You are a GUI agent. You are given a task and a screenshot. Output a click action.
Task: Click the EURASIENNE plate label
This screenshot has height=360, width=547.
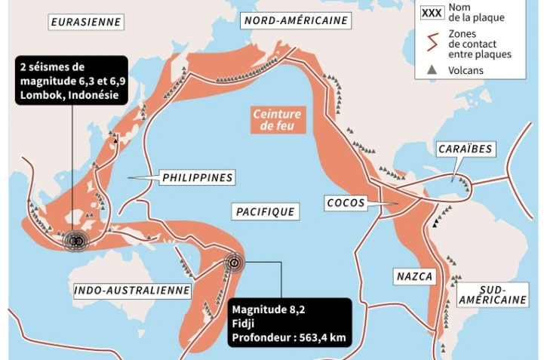point(85,22)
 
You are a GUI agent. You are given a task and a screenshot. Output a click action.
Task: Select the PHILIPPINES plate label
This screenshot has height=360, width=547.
point(196,178)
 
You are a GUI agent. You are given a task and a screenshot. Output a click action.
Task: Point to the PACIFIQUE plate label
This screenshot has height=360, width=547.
point(264,212)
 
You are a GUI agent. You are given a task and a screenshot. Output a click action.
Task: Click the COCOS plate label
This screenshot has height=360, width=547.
point(346,203)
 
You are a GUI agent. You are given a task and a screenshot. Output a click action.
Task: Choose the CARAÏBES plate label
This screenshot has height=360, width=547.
point(465,149)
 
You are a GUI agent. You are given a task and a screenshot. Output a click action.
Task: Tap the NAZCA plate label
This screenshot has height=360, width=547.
point(414,277)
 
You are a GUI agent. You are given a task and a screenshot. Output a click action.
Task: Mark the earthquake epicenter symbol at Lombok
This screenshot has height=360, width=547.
point(75,240)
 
